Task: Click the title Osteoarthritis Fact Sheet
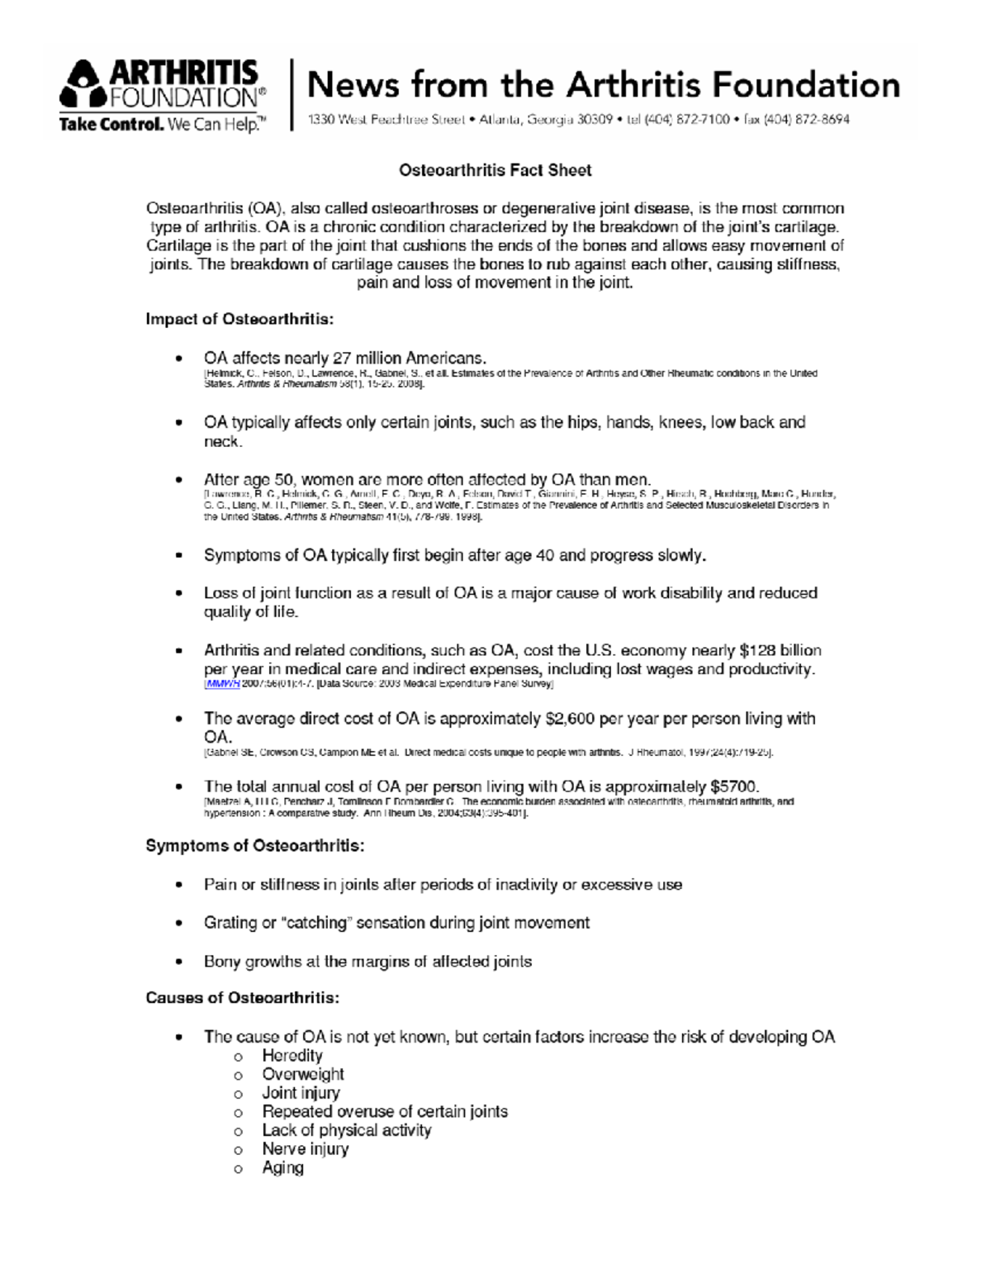pos(495,170)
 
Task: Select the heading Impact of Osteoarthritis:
pos(239,319)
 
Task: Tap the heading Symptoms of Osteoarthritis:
pos(254,846)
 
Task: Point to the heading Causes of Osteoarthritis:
pos(242,998)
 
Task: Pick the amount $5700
pos(733,786)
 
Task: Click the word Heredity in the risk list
pos(292,1056)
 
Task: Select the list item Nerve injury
pos(305,1149)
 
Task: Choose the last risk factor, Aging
pos(282,1168)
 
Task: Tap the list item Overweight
pos(302,1075)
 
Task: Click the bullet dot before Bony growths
pos(178,962)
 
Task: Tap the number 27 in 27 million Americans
pos(342,359)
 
